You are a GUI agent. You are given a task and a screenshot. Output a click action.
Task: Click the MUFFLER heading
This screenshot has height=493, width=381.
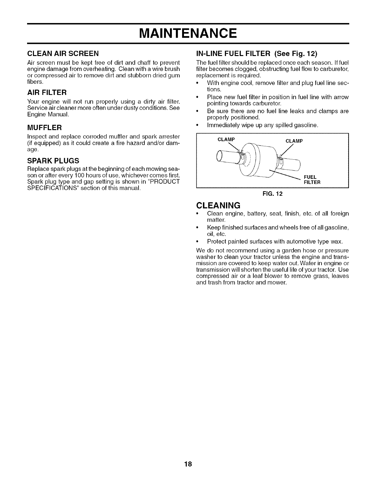pyautogui.click(x=45, y=128)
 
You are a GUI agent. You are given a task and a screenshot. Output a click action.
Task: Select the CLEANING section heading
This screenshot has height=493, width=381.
pyautogui.click(x=219, y=205)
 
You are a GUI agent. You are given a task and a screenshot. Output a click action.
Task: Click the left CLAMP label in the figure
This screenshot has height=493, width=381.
pyautogui.click(x=226, y=139)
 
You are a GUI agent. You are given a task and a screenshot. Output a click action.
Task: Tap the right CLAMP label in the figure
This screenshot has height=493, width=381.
pyautogui.click(x=294, y=141)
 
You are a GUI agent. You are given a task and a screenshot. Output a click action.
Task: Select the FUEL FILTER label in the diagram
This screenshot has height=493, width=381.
pyautogui.click(x=312, y=180)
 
